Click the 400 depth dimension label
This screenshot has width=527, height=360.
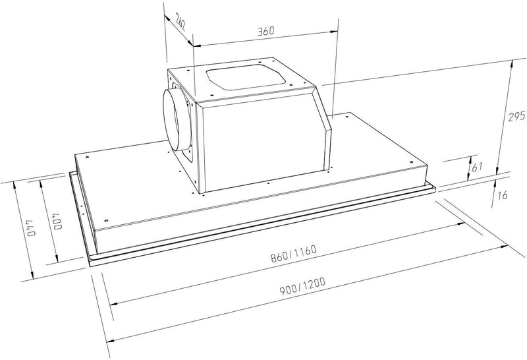coord(57,217)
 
